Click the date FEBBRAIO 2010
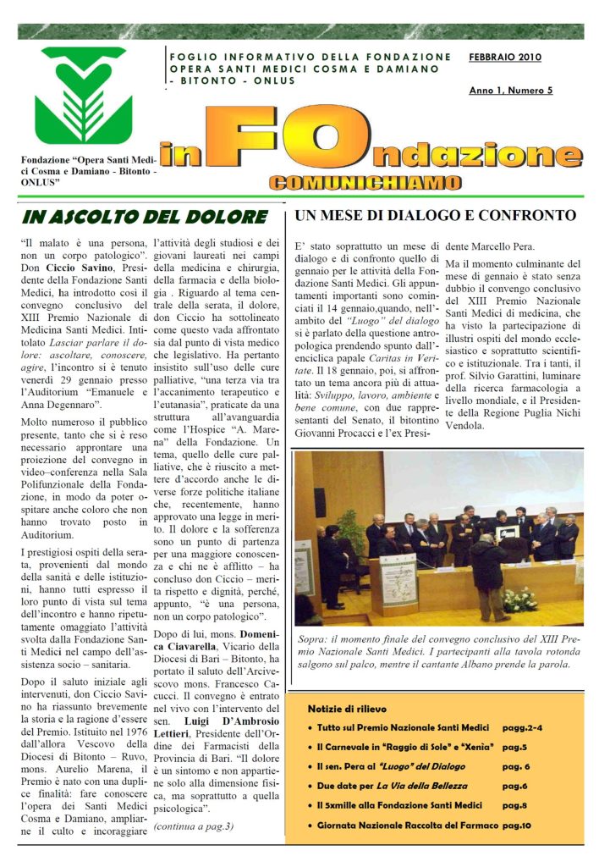tap(505, 58)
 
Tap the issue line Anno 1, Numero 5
tap(511, 90)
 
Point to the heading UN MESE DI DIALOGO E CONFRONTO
tap(436, 216)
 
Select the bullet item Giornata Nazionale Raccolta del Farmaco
tap(405, 824)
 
